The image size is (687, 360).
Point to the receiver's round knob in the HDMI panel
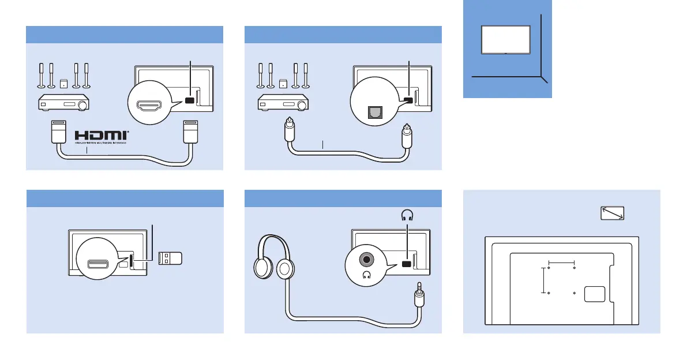click(x=84, y=105)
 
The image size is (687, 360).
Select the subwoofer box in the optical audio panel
click(x=283, y=82)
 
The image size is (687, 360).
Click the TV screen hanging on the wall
click(x=505, y=40)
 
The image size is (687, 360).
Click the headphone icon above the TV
click(x=408, y=215)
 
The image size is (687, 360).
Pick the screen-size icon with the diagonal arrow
click(x=613, y=214)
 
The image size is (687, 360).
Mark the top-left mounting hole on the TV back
click(x=549, y=268)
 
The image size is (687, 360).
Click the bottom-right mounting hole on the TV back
click(x=575, y=293)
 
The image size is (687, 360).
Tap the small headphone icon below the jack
click(x=366, y=275)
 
